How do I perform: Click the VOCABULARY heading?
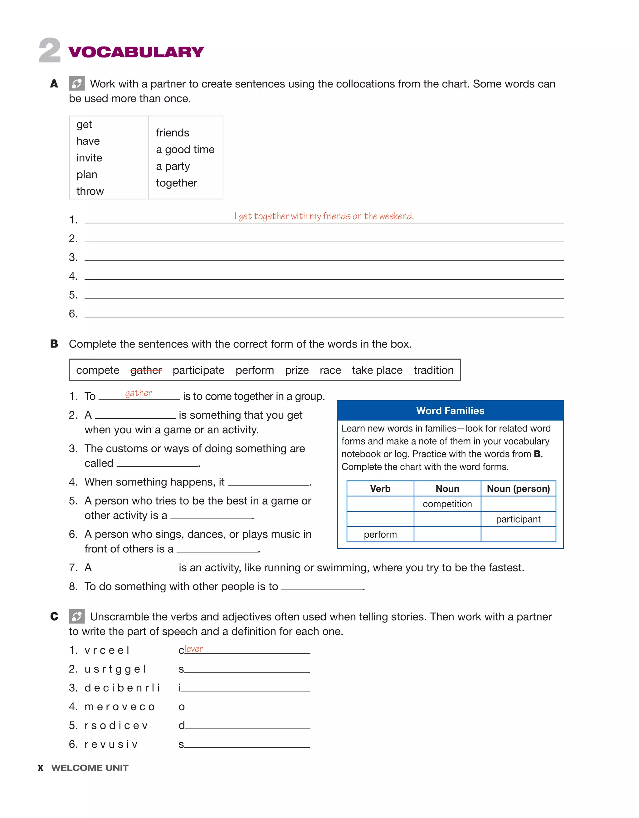click(x=136, y=52)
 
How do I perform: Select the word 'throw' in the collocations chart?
click(x=90, y=191)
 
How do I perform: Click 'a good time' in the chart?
click(x=185, y=150)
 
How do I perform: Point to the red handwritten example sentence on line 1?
click(x=324, y=216)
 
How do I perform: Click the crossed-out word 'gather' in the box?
click(x=146, y=370)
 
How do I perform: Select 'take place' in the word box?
click(x=377, y=370)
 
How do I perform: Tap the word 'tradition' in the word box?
click(x=433, y=370)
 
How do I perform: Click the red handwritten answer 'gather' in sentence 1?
click(x=139, y=393)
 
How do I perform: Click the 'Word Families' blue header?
click(x=450, y=411)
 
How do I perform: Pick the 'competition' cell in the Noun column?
click(x=447, y=504)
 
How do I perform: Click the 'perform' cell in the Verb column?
click(x=380, y=535)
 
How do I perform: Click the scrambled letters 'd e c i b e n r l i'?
click(x=122, y=688)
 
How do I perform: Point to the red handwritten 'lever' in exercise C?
click(x=194, y=649)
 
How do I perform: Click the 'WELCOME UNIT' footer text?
click(x=90, y=768)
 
